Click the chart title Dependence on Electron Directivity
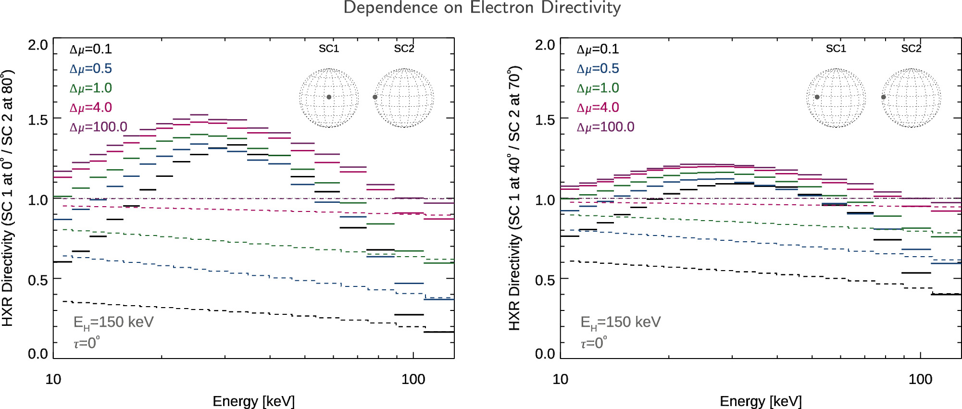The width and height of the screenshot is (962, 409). coord(482,8)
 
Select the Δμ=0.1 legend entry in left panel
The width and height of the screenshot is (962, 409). coord(91,50)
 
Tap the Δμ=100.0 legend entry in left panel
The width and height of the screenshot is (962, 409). coord(99,127)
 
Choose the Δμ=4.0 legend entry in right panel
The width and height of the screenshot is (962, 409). coord(598,108)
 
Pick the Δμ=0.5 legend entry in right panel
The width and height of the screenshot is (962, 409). coord(598,69)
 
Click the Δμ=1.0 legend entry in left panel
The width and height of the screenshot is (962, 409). coord(91,88)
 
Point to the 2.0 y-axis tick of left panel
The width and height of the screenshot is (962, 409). coord(37,45)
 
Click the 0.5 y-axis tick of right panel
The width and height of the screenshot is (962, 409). coord(545,280)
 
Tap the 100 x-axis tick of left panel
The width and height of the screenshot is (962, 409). coord(413,379)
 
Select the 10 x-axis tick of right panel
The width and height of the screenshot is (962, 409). coord(560,379)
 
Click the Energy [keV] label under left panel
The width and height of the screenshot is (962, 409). coord(253,401)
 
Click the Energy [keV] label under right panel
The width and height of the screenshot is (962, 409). coord(761,401)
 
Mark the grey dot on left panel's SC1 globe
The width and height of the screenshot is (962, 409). coord(329,97)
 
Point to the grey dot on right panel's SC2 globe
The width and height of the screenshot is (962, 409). coord(883,97)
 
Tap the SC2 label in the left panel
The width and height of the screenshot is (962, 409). coord(404,49)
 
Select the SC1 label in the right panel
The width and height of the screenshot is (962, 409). coord(836,49)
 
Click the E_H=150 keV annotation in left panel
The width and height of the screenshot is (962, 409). coord(113,322)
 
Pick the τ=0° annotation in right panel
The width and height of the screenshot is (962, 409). coord(594,343)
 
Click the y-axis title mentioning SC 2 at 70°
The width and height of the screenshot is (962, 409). coord(514,198)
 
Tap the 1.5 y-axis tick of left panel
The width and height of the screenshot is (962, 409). coord(37,120)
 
